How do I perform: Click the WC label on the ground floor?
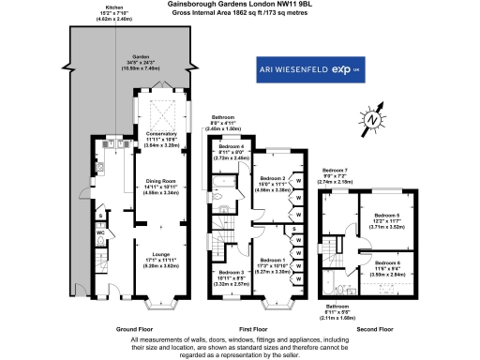(x=101, y=232)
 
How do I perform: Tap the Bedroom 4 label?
(x=230, y=147)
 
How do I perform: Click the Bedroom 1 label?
(x=271, y=260)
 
